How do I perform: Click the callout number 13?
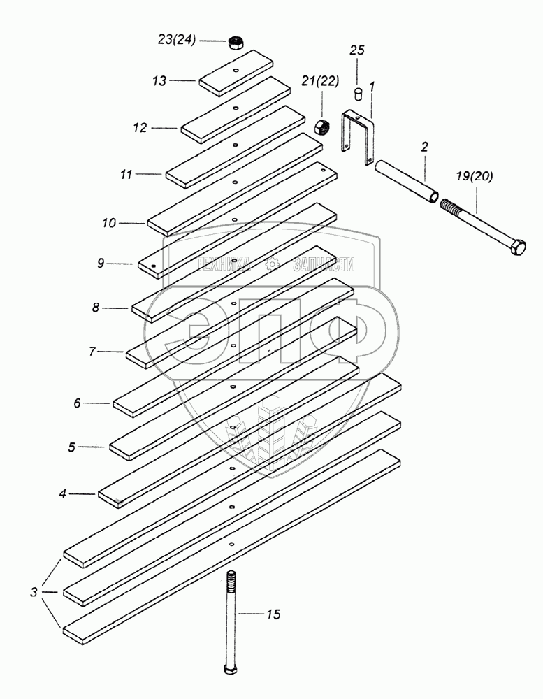tap(159, 80)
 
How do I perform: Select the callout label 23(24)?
tap(177, 40)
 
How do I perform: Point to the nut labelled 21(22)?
tap(321, 127)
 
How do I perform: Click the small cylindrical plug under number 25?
tap(358, 94)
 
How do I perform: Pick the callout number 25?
tap(356, 50)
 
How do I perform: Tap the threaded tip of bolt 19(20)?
tap(449, 208)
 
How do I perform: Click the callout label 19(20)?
tap(475, 177)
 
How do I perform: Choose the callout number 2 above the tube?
tap(424, 147)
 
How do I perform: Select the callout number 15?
tap(273, 614)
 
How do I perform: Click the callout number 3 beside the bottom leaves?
tap(34, 593)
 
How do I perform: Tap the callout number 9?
tap(101, 263)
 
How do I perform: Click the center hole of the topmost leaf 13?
tap(235, 70)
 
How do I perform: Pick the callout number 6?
tap(77, 403)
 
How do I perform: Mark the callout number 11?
tap(126, 174)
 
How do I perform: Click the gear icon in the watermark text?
tap(271, 264)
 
